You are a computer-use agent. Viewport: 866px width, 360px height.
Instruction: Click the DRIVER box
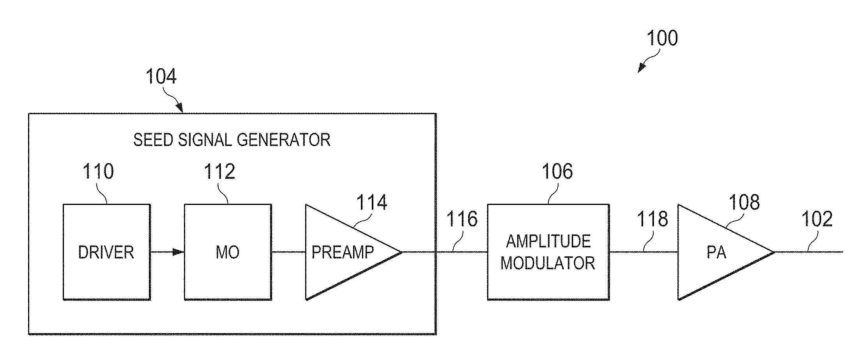click(x=106, y=252)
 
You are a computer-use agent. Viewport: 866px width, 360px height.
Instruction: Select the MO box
click(x=228, y=252)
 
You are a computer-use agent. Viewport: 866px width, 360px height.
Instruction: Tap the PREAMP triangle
click(x=343, y=252)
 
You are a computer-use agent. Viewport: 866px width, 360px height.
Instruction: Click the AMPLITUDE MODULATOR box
click(x=548, y=252)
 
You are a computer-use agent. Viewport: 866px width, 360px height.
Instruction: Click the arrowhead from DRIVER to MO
click(x=179, y=252)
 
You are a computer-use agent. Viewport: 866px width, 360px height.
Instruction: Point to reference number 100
click(x=662, y=38)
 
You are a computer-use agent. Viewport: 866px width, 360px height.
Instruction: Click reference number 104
click(x=161, y=76)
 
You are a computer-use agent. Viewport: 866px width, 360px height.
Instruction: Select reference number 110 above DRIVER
click(x=98, y=171)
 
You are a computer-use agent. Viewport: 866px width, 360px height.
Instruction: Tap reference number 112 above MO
click(x=219, y=171)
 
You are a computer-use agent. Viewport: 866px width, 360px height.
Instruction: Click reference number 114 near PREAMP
click(x=372, y=203)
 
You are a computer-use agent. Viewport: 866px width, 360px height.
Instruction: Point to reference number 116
click(x=462, y=219)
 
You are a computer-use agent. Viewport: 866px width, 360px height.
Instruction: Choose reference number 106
click(x=557, y=171)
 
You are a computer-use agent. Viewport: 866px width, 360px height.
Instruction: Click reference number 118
click(x=652, y=219)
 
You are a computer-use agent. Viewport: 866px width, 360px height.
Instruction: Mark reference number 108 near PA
click(x=744, y=203)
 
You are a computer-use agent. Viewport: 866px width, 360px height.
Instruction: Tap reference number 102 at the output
click(x=817, y=219)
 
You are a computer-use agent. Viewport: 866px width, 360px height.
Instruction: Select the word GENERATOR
click(x=284, y=140)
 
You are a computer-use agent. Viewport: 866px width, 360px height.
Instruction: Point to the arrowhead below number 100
click(x=640, y=69)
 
